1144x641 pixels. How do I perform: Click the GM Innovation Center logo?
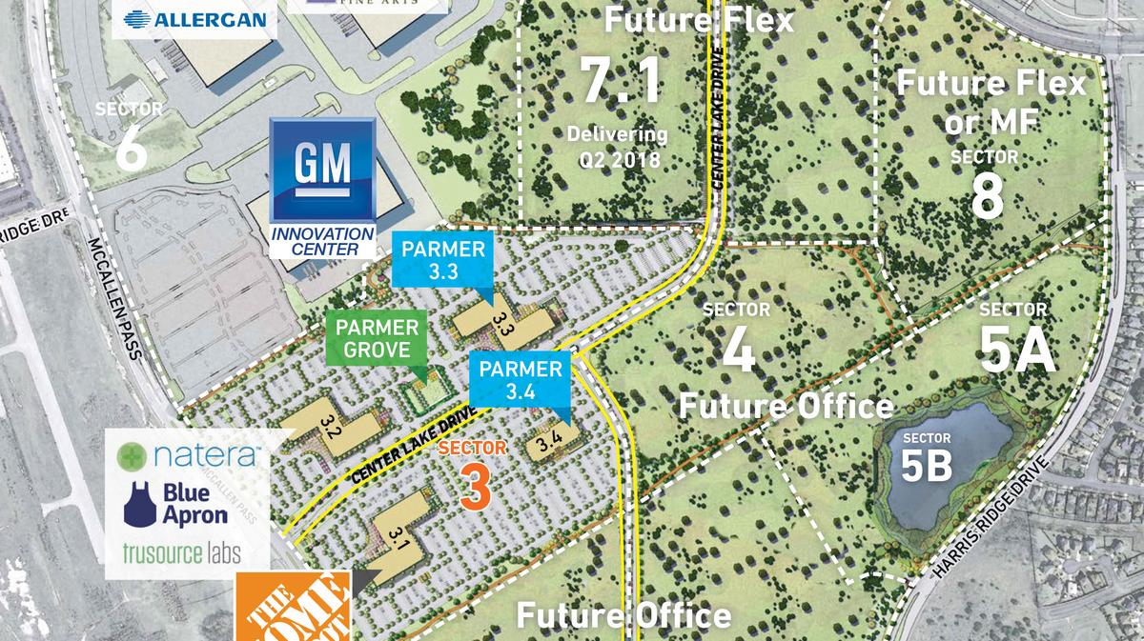[322, 189]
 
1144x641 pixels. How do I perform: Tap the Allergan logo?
[194, 18]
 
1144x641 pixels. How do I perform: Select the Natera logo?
[187, 455]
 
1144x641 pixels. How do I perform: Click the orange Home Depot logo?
[296, 609]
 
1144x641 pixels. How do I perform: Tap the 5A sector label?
[1017, 350]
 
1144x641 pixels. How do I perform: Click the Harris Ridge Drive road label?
[992, 515]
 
